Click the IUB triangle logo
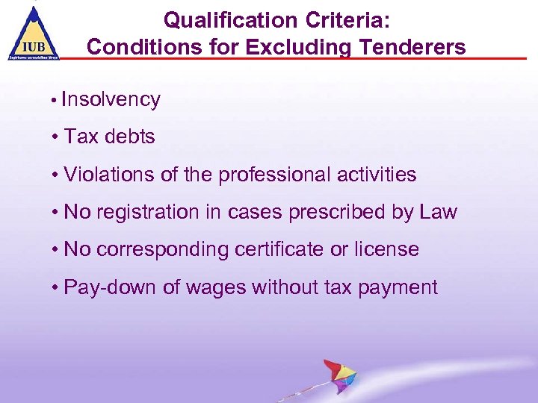click(x=34, y=33)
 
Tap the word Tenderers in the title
click(x=408, y=47)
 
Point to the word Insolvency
click(x=111, y=100)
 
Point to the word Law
click(x=438, y=213)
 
